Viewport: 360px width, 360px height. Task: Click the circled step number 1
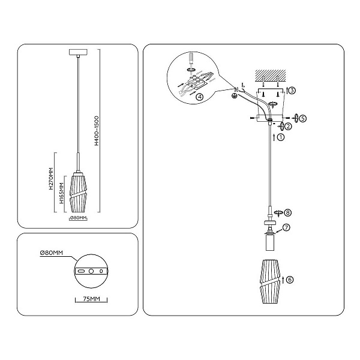[281, 137]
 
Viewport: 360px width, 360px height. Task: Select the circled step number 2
[288, 126]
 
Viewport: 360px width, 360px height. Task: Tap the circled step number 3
[292, 91]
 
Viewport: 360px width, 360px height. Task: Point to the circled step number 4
[200, 97]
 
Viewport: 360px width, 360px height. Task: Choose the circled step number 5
[303, 118]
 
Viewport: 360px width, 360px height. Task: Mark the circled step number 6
[290, 280]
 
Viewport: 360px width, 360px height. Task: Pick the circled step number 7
[287, 227]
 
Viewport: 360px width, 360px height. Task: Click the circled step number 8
[287, 212]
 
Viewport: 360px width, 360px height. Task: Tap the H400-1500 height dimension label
[97, 131]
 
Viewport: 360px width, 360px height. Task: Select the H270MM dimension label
[51, 179]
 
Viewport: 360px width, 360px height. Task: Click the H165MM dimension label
[61, 193]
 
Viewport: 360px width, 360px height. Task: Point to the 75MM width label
[91, 299]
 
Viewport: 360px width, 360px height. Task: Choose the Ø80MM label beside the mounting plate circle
[51, 253]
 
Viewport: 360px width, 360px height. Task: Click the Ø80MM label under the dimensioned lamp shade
[78, 218]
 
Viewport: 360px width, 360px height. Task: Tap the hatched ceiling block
[271, 76]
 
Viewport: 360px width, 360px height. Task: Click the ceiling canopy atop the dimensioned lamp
[78, 52]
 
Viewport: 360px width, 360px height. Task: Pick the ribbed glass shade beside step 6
[270, 281]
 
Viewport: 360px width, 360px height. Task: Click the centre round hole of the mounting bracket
[91, 271]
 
